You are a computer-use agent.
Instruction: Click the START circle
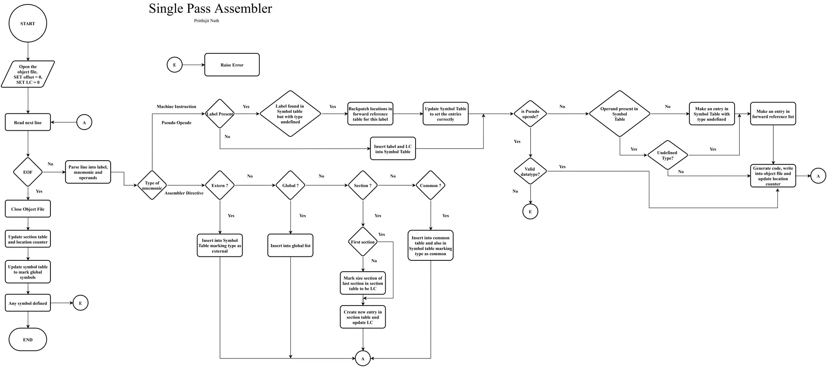[28, 23]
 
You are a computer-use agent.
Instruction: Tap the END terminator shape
[28, 340]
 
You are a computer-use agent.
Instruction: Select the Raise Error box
[232, 65]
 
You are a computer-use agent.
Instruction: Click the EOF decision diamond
[28, 172]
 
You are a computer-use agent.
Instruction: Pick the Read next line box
[28, 122]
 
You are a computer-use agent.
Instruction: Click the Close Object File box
[28, 209]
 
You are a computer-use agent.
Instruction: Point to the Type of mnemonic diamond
[152, 185]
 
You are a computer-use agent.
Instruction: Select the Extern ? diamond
[220, 185]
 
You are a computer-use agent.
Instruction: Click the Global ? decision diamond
[290, 185]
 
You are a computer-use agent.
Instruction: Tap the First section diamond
[363, 242]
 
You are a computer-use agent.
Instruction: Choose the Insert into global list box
[290, 245]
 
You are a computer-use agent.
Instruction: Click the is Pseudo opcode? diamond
[530, 114]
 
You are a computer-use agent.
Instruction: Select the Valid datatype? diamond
[530, 172]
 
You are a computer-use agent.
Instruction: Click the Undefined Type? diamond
[667, 155]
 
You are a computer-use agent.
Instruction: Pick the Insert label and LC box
[393, 149]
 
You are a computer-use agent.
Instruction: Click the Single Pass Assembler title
[210, 8]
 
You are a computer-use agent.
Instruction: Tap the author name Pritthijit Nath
[206, 21]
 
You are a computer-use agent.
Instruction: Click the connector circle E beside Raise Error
[174, 65]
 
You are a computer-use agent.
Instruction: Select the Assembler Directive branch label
[184, 193]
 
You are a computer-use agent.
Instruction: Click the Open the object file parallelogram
[28, 74]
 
